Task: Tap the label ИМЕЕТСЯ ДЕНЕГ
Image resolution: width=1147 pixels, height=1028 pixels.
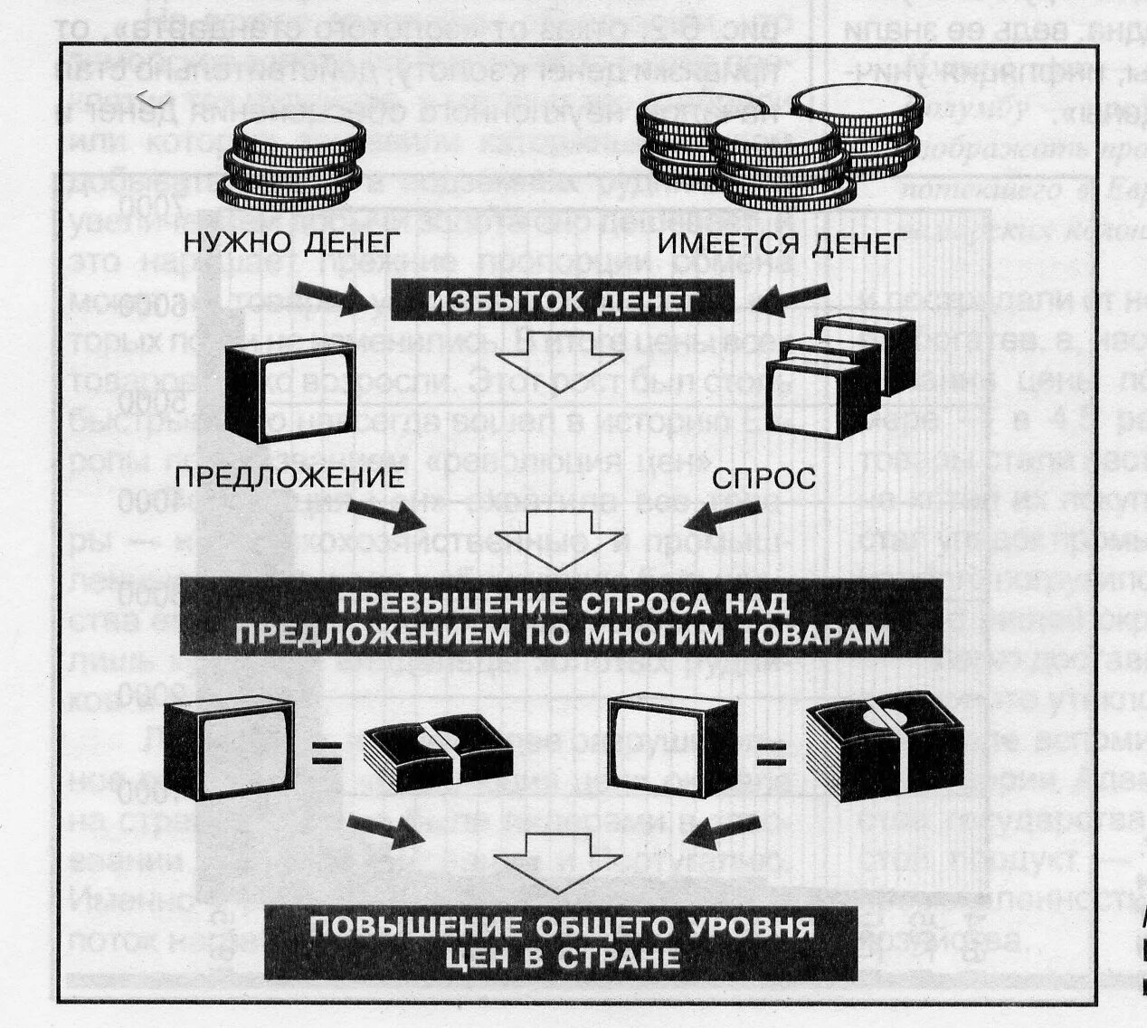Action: (x=782, y=242)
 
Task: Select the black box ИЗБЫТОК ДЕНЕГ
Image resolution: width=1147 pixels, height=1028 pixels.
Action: (x=561, y=301)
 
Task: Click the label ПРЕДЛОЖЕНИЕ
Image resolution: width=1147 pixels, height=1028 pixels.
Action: (x=289, y=476)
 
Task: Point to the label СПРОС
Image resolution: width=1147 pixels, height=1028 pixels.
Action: (x=764, y=477)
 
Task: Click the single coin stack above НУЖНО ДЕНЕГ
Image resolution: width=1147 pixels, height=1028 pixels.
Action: (x=291, y=162)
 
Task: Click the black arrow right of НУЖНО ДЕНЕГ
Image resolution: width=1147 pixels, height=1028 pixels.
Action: (x=331, y=296)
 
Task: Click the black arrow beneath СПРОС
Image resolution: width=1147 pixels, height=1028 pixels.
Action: (x=719, y=523)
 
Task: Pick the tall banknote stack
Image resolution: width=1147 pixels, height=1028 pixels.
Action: (x=875, y=748)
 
